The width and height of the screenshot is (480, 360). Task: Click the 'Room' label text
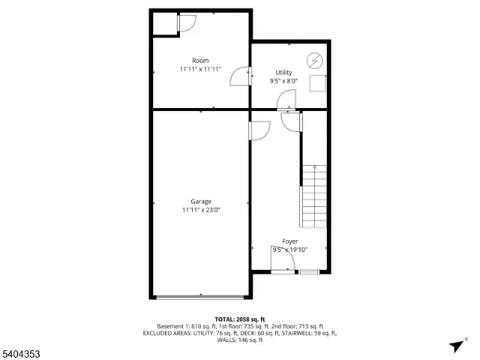pyautogui.click(x=200, y=61)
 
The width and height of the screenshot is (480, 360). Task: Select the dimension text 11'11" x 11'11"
pyautogui.click(x=200, y=69)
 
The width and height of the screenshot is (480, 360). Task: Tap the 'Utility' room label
pyautogui.click(x=283, y=73)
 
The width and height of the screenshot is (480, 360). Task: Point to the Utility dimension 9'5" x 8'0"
pyautogui.click(x=283, y=81)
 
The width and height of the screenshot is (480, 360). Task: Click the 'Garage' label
pyautogui.click(x=200, y=201)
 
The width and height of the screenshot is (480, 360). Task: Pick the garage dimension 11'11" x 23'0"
pyautogui.click(x=200, y=210)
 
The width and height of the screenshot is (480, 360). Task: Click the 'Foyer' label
pyautogui.click(x=290, y=241)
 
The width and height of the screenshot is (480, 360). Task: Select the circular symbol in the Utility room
pyautogui.click(x=314, y=60)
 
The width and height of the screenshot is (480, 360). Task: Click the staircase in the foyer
pyautogui.click(x=314, y=196)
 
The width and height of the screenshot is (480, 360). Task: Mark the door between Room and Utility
pyautogui.click(x=240, y=77)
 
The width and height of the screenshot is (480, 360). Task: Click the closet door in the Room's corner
pyautogui.click(x=185, y=24)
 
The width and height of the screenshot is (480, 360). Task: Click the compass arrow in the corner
pyautogui.click(x=457, y=346)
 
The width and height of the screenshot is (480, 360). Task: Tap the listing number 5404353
pyautogui.click(x=22, y=350)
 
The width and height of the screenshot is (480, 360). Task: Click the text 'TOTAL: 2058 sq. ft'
pyautogui.click(x=240, y=319)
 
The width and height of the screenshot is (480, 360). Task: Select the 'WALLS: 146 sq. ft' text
pyautogui.click(x=240, y=340)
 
